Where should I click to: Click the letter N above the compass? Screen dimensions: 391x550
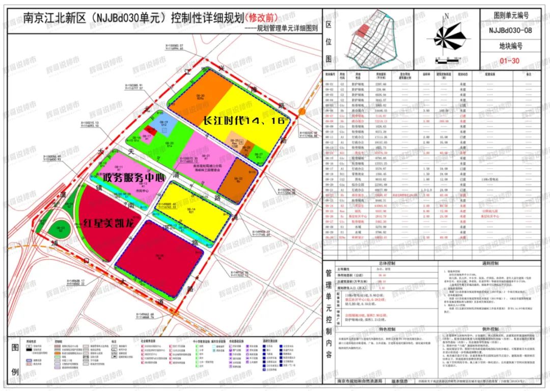pos(446,16)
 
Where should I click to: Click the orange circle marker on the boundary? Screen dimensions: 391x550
pos(301,112)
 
